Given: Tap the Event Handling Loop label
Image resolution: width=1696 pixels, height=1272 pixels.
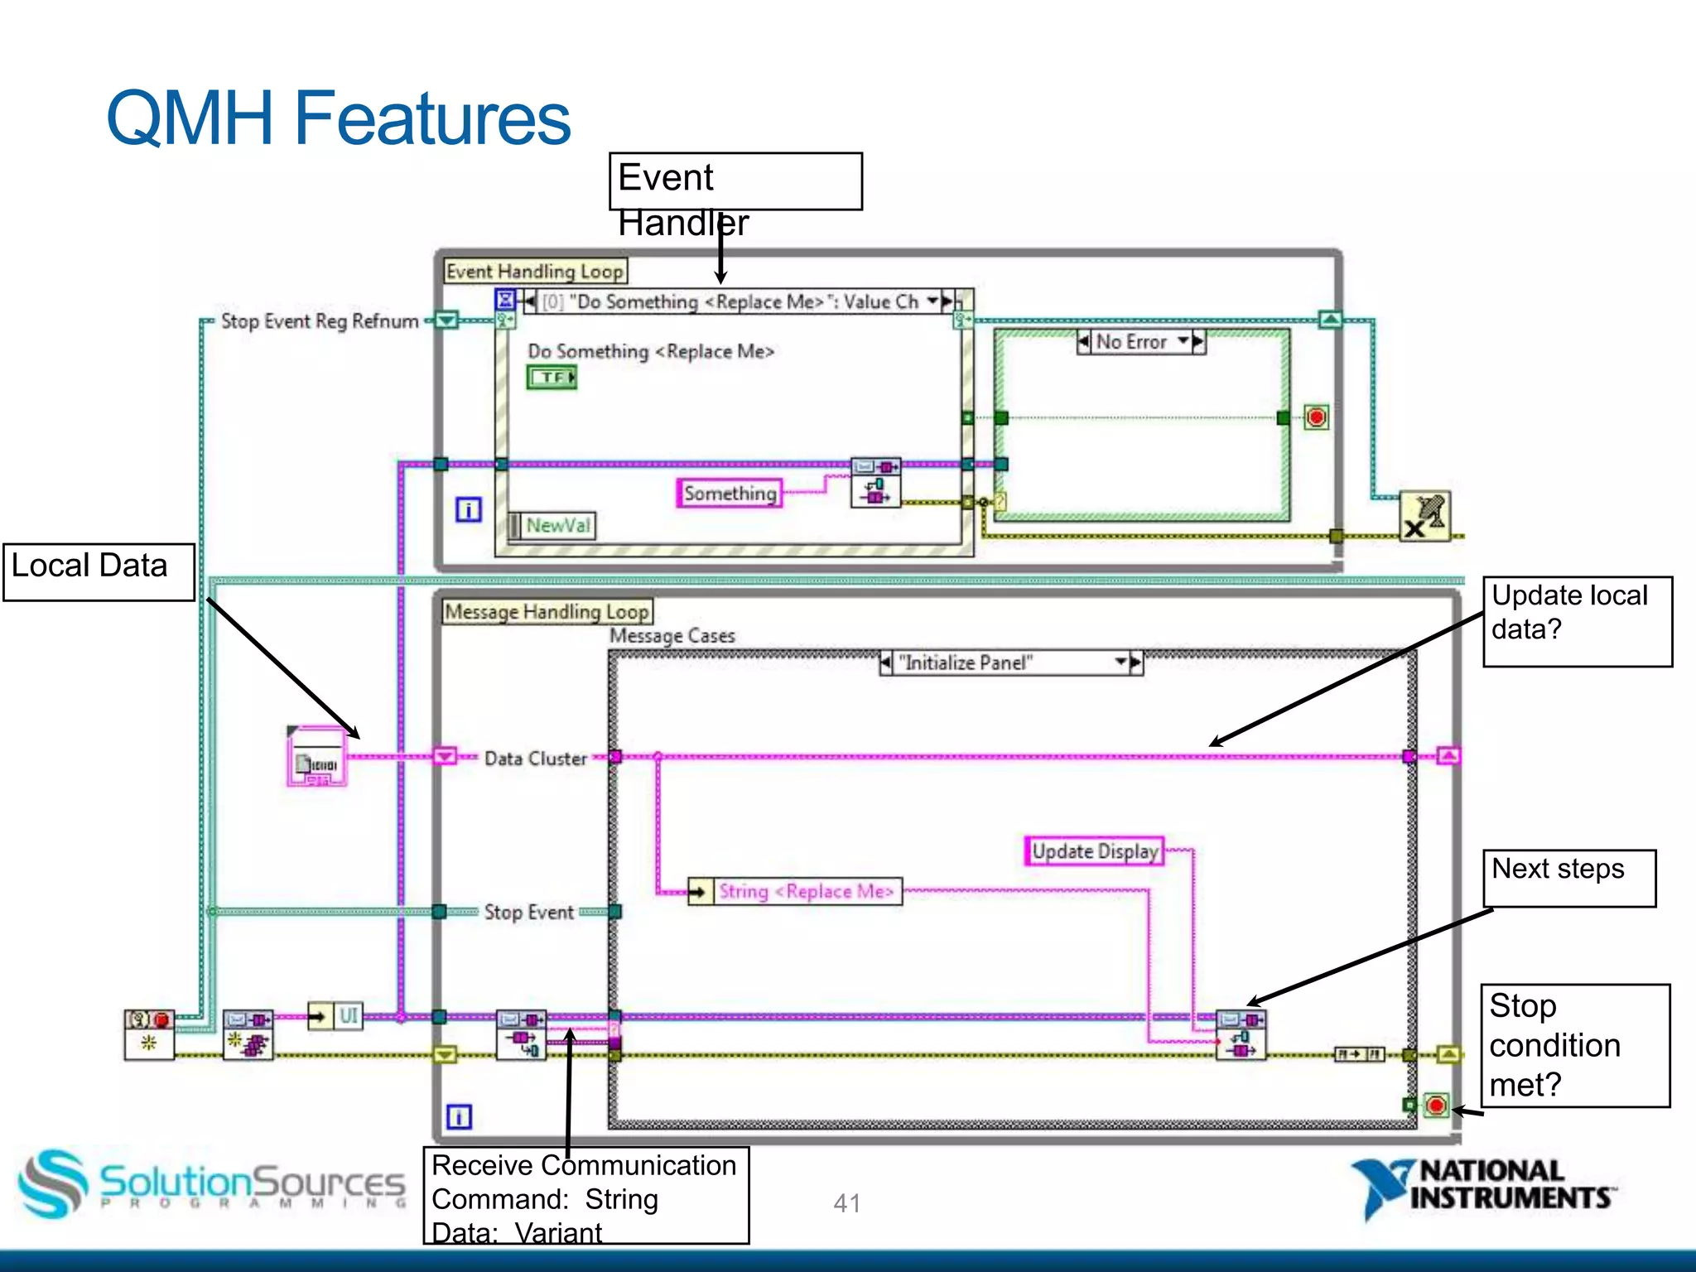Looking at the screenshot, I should pyautogui.click(x=534, y=272).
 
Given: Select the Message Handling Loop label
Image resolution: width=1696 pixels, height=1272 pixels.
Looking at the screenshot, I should pyautogui.click(x=547, y=612).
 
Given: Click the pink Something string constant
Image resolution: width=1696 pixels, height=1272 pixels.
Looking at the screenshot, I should pyautogui.click(x=730, y=494).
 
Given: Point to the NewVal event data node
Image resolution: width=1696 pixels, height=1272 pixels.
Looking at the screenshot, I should pyautogui.click(x=557, y=526).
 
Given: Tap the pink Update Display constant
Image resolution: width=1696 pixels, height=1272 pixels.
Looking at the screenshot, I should pyautogui.click(x=1094, y=851).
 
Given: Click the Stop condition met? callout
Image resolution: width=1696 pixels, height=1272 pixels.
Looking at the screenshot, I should pyautogui.click(x=1574, y=1045).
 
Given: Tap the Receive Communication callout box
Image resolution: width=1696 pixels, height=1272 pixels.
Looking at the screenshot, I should pyautogui.click(x=585, y=1195).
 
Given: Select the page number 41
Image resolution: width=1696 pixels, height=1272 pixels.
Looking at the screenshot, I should pyautogui.click(x=846, y=1202).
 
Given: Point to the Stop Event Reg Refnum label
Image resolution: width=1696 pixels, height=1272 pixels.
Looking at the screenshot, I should pyautogui.click(x=320, y=321).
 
